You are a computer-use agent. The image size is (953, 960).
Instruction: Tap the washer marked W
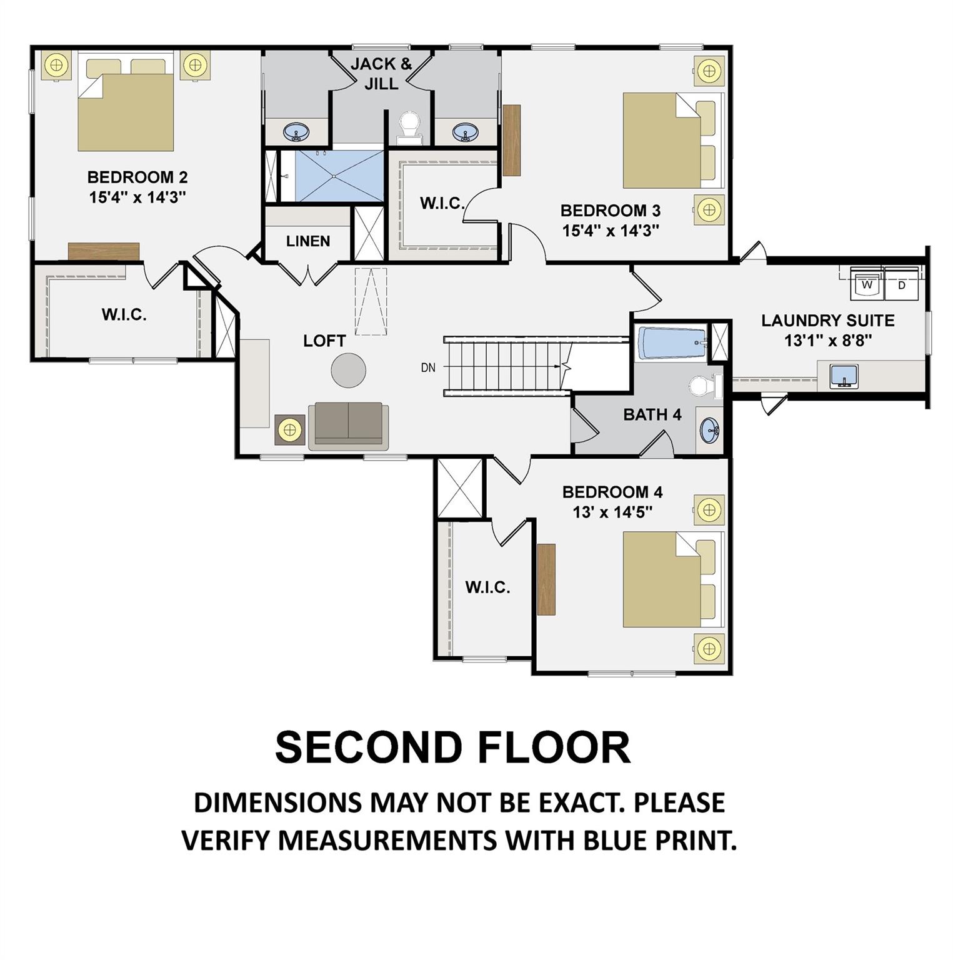[x=866, y=282]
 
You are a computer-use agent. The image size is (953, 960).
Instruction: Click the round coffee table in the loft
[x=348, y=371]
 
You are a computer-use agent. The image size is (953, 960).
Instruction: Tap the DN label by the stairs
[x=428, y=367]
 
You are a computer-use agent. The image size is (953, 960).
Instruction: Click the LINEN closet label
[x=308, y=241]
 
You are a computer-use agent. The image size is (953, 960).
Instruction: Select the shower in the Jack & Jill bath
[x=339, y=176]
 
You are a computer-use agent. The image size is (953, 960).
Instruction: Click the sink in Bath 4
[x=710, y=431]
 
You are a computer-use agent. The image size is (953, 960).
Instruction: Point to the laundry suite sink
[x=844, y=376]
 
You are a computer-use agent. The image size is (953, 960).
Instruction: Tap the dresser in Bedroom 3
[x=512, y=140]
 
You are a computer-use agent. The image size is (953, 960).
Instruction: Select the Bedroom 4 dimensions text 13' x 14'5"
[x=612, y=512]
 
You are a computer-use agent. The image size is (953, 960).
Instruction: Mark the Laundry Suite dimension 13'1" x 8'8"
[x=828, y=341]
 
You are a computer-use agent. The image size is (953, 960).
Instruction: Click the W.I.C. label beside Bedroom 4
[x=487, y=587]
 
